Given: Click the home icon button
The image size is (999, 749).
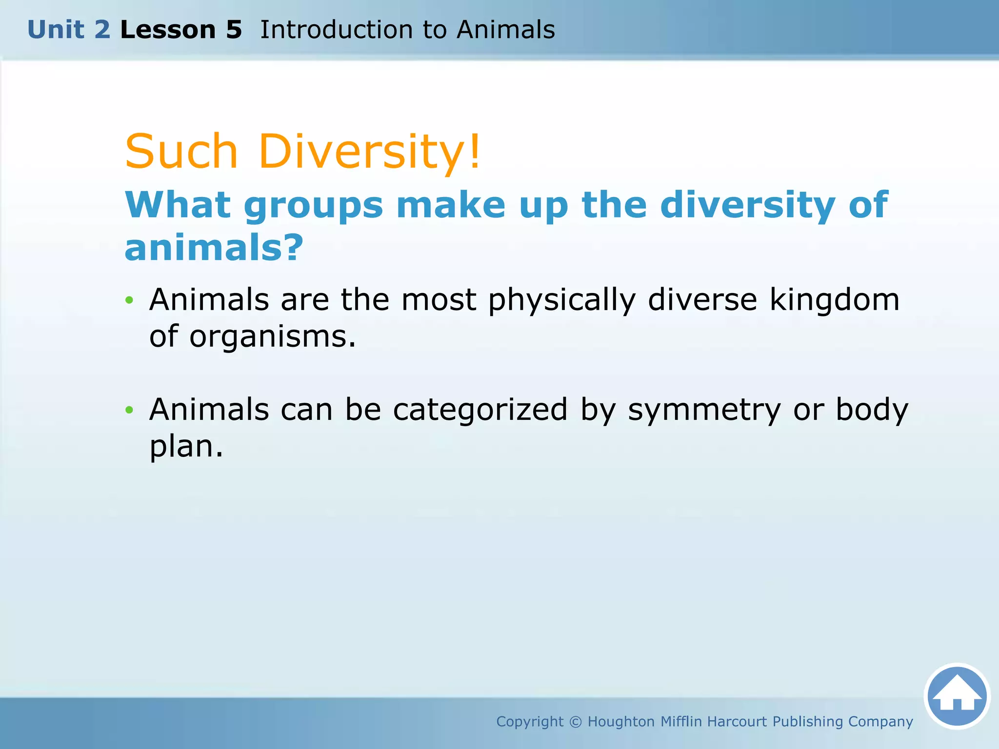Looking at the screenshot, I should click(x=957, y=696).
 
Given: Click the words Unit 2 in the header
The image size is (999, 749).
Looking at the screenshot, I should click(x=69, y=30).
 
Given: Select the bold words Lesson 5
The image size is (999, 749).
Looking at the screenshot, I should click(x=181, y=30).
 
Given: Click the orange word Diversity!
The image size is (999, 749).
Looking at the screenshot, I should click(x=370, y=152).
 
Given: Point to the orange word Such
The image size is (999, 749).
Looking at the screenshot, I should click(x=181, y=152).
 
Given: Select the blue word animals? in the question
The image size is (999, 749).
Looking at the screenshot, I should click(x=214, y=248).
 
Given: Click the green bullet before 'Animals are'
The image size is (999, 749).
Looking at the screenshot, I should click(x=129, y=300).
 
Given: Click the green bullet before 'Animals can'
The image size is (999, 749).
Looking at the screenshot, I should click(x=129, y=410).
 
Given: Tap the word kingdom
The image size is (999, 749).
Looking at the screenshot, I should click(x=834, y=299).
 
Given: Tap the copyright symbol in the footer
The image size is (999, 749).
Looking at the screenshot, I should click(x=576, y=722).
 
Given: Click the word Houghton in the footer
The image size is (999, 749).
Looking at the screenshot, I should click(x=621, y=722).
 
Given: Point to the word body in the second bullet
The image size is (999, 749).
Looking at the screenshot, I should click(x=872, y=410).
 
